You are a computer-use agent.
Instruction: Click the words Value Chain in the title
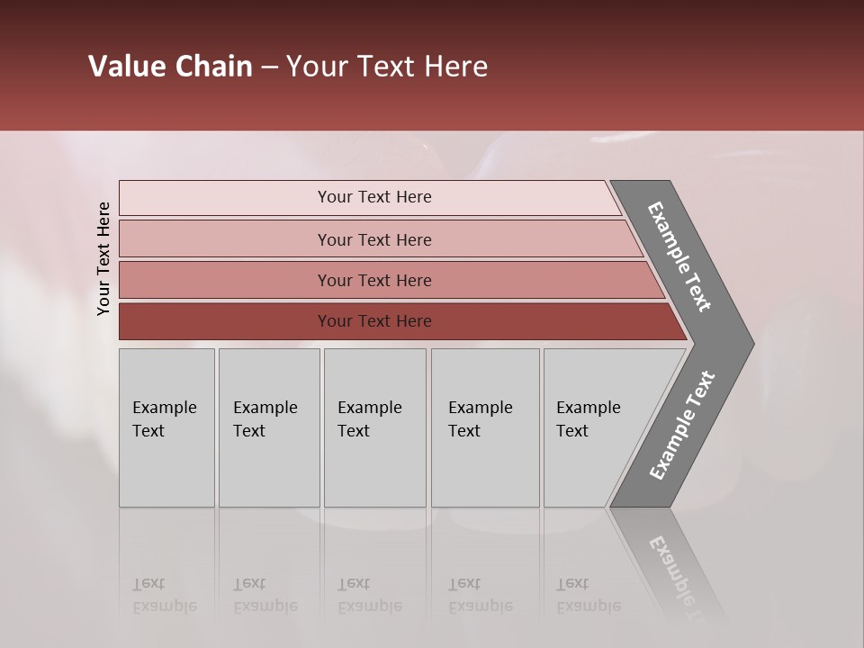click(x=170, y=67)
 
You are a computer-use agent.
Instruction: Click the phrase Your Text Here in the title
click(x=387, y=67)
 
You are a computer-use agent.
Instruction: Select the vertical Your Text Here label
click(x=103, y=258)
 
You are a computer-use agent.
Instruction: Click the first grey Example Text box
click(x=166, y=427)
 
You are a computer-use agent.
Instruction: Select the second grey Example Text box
click(x=268, y=427)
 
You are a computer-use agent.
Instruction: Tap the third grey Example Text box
click(x=374, y=427)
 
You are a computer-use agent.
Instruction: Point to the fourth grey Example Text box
click(x=484, y=427)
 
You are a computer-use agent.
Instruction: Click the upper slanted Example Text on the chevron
click(x=679, y=256)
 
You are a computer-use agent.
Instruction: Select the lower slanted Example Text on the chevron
click(x=682, y=425)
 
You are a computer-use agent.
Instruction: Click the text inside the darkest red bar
click(x=374, y=321)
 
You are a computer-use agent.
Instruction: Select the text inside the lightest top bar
click(x=374, y=197)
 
